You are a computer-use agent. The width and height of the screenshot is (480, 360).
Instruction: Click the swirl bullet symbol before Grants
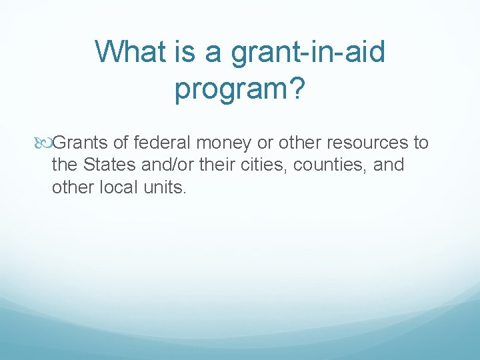pyautogui.click(x=45, y=143)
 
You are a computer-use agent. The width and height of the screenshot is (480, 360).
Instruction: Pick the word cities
pyautogui.click(x=258, y=165)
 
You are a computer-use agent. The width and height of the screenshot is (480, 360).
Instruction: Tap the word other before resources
pyautogui.click(x=301, y=143)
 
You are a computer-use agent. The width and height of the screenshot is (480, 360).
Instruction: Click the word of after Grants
pyautogui.click(x=122, y=143)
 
